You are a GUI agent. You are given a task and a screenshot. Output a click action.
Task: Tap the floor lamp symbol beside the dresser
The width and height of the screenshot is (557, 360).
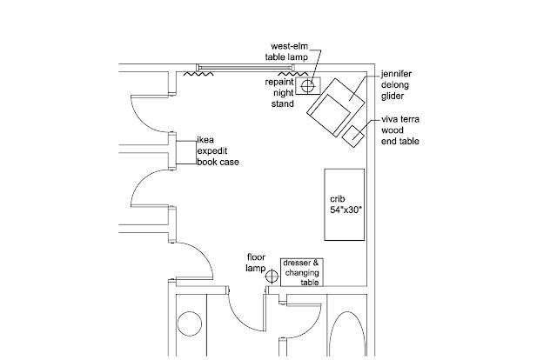(x=272, y=277)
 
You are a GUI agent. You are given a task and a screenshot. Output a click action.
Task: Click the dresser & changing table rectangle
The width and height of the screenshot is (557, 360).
(x=301, y=272)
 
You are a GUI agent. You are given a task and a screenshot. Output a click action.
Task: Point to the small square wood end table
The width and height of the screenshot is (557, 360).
(x=353, y=136)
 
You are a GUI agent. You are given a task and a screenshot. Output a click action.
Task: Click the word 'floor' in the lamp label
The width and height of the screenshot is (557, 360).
(x=256, y=257)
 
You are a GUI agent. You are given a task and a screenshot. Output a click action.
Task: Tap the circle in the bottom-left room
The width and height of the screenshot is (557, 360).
(x=189, y=323)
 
